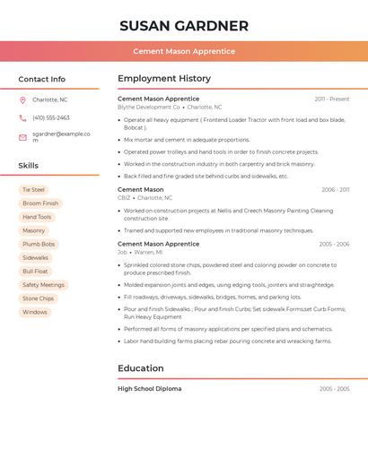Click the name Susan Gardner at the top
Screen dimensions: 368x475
point(184,26)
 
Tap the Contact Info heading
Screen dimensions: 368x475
point(42,79)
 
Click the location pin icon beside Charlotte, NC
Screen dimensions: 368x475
point(22,99)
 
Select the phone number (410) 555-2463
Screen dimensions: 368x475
point(51,117)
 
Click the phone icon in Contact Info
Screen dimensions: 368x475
point(22,117)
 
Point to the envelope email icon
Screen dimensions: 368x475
point(22,137)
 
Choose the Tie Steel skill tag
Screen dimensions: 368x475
point(33,190)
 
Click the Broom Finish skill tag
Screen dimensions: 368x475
point(40,203)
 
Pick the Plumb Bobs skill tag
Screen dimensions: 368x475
point(39,244)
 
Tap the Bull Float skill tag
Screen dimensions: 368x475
point(36,272)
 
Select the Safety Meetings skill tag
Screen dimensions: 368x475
point(43,285)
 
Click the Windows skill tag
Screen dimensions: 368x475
point(35,312)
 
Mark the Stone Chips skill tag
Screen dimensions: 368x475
point(39,298)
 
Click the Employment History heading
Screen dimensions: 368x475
point(164,79)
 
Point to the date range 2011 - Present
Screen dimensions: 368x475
point(332,99)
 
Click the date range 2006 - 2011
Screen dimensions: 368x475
point(335,190)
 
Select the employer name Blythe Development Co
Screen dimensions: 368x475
point(149,107)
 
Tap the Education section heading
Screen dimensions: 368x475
point(141,368)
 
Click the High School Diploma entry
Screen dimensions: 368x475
point(149,389)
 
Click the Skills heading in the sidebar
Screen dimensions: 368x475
point(29,166)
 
